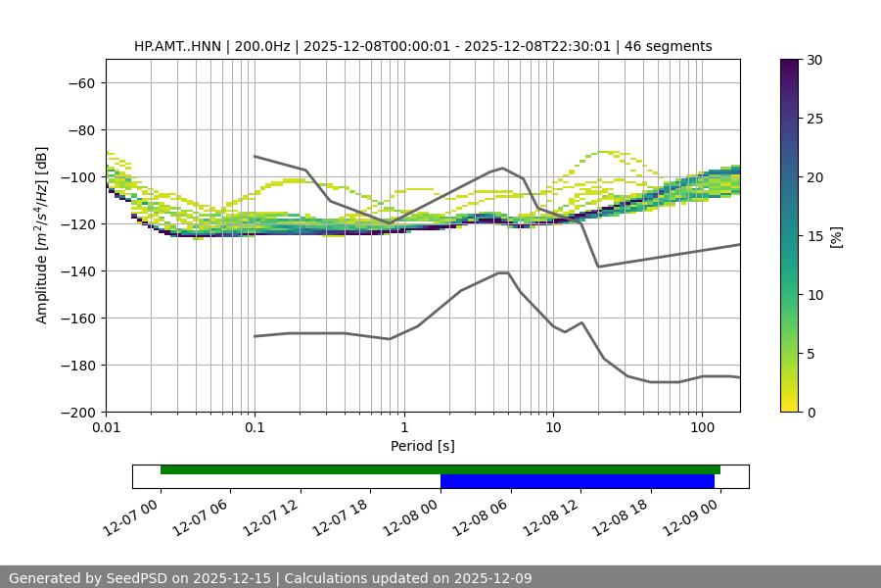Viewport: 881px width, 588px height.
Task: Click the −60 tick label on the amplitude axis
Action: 80,83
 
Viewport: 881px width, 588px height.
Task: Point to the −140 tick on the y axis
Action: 80,271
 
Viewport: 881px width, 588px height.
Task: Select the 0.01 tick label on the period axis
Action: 106,428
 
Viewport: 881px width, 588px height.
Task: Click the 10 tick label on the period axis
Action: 553,428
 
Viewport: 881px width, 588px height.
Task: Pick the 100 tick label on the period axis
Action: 702,428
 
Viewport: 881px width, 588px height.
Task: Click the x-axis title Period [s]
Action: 423,446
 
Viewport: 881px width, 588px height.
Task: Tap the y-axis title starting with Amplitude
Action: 42,235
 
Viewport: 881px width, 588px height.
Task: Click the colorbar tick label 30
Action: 814,60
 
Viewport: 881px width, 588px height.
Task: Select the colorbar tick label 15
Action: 814,236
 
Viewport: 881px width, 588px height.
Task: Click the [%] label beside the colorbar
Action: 835,236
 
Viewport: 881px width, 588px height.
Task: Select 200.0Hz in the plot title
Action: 264,46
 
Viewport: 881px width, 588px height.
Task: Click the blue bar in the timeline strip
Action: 578,481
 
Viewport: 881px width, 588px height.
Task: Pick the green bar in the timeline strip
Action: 440,469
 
